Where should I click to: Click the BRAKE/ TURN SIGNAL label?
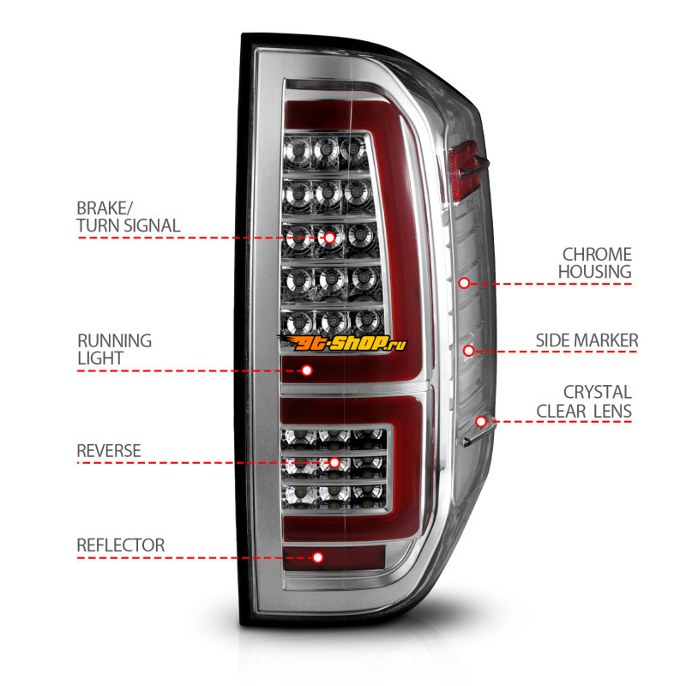tap(129, 217)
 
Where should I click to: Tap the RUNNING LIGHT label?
tap(115, 349)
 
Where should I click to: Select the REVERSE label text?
tap(109, 450)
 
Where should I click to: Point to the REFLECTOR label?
tap(121, 545)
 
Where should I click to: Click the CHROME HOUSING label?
tap(596, 263)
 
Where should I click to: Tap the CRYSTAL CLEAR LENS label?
tap(584, 401)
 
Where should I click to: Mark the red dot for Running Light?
tap(307, 370)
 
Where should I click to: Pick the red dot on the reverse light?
tap(334, 463)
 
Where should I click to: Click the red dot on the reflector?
tap(318, 557)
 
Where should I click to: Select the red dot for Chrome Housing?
tap(464, 282)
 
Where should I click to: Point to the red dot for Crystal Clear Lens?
tap(482, 421)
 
